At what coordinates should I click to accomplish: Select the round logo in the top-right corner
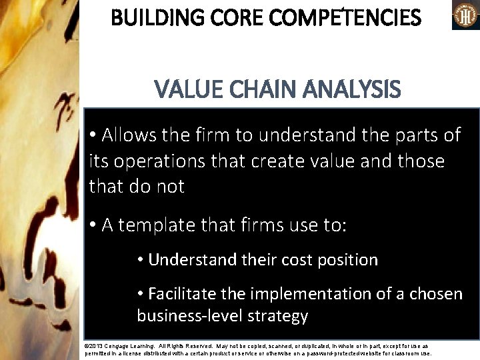click(x=466, y=15)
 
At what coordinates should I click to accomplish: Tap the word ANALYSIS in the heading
click(x=351, y=89)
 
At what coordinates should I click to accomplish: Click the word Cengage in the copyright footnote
click(x=119, y=347)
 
